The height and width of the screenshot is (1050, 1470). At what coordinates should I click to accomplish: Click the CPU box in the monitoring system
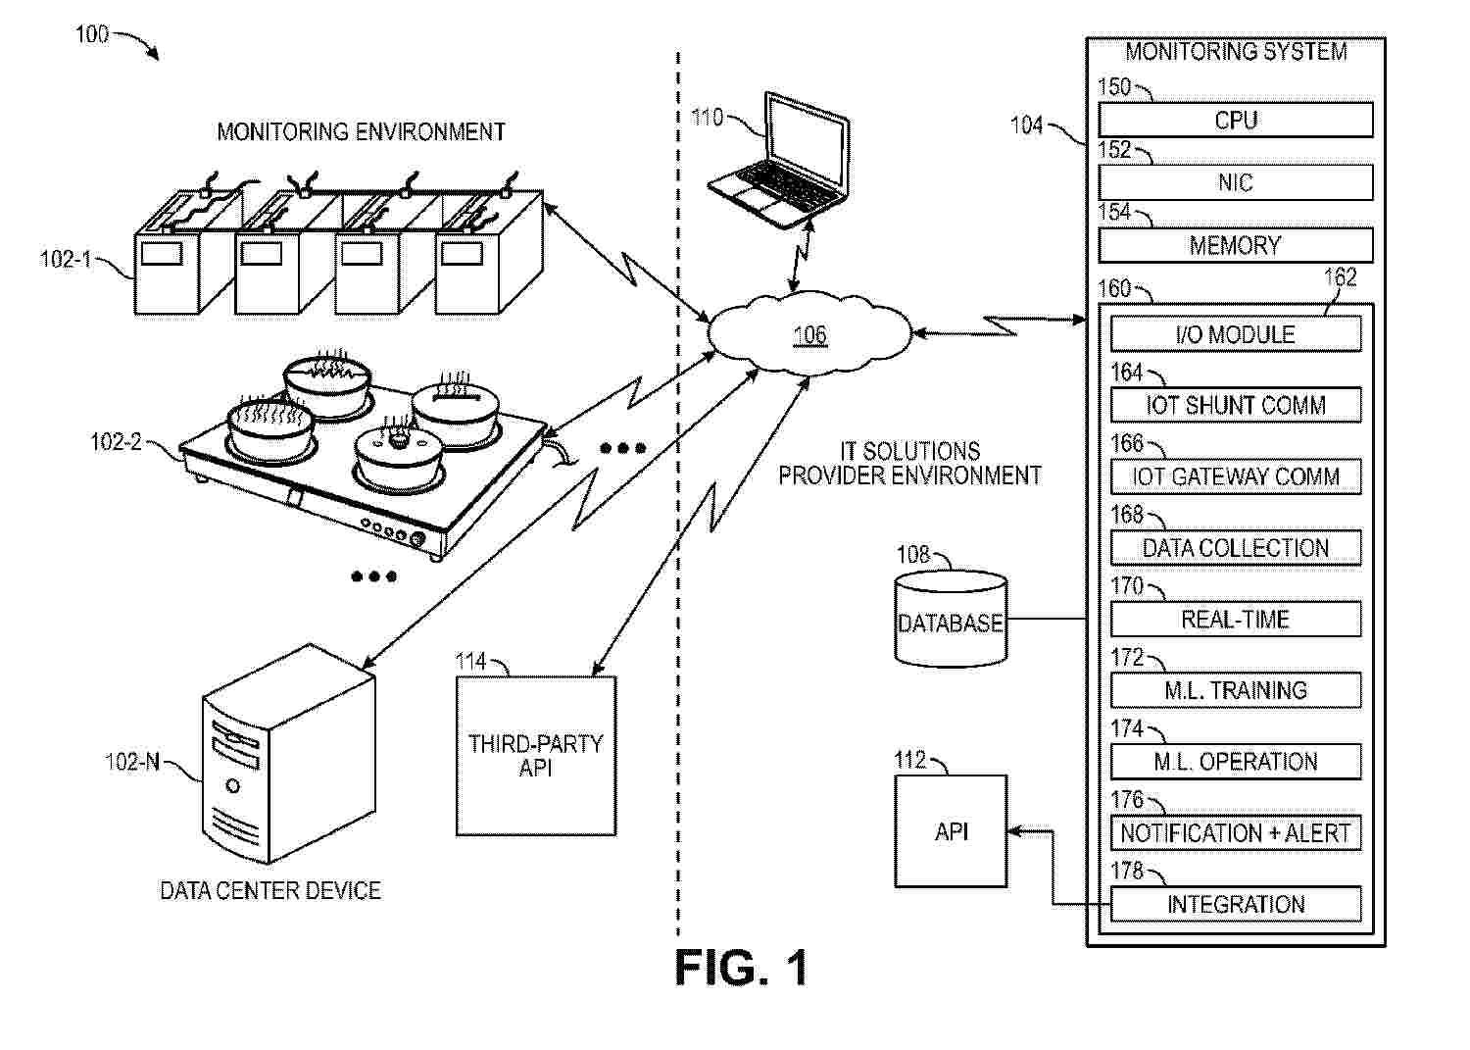point(1235,121)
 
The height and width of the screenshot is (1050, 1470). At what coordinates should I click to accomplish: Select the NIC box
point(1235,182)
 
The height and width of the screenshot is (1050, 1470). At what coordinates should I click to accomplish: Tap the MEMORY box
point(1235,245)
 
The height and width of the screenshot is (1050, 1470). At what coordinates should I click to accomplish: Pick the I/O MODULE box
point(1235,334)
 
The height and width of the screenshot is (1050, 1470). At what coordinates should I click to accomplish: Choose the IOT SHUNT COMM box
point(1235,405)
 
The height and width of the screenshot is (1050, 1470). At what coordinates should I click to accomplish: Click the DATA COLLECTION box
point(1235,548)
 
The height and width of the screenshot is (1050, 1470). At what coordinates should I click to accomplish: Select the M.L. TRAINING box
point(1235,690)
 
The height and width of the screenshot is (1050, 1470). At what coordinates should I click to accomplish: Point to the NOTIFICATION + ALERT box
point(1235,833)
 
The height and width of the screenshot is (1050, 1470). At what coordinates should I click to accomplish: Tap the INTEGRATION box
point(1235,904)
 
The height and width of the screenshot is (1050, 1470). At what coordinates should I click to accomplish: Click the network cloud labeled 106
point(809,335)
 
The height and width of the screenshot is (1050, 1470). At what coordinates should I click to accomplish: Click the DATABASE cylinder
point(951,620)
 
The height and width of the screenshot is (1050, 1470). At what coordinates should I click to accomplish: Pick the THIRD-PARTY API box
point(536,755)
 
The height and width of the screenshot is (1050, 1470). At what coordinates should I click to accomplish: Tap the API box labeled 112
point(951,831)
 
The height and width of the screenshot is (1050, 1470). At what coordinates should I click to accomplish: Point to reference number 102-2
point(116,442)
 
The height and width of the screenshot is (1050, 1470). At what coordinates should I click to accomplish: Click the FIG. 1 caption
point(742,968)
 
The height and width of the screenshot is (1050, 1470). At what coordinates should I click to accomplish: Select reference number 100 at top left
point(92,34)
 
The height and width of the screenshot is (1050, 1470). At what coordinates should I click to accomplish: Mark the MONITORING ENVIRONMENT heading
point(361,131)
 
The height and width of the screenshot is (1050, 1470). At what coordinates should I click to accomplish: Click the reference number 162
point(1341,277)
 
